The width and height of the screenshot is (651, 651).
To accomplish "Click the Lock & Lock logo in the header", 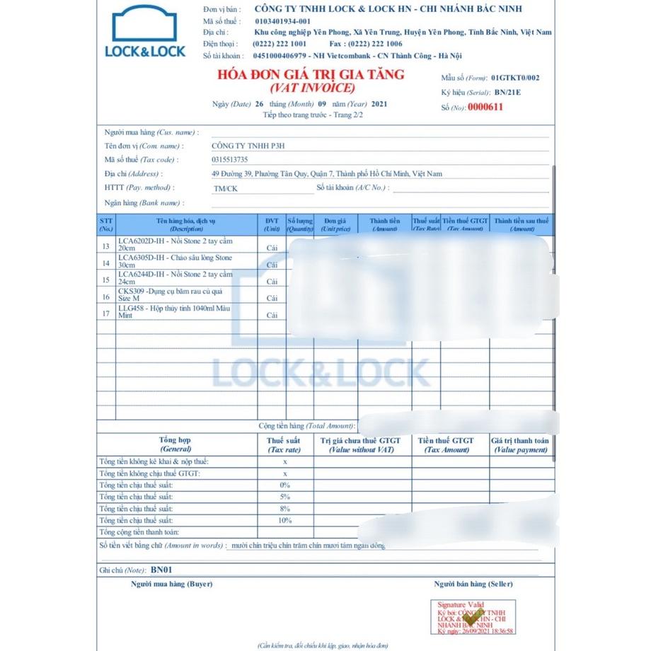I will (144, 32).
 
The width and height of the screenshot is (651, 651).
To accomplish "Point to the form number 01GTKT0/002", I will (514, 78).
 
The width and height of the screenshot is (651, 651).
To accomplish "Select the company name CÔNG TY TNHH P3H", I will (247, 146).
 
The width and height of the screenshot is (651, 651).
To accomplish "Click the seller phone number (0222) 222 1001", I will (280, 44).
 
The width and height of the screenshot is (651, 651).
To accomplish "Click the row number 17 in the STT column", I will (106, 313).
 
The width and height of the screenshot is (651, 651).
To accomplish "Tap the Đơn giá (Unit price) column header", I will (335, 224).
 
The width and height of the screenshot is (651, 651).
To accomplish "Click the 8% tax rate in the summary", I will (285, 509).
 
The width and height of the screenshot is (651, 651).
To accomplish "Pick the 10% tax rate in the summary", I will (285, 520).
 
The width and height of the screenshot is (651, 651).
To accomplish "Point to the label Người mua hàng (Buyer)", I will (171, 584).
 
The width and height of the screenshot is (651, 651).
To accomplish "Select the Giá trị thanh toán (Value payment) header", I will (520, 445).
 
